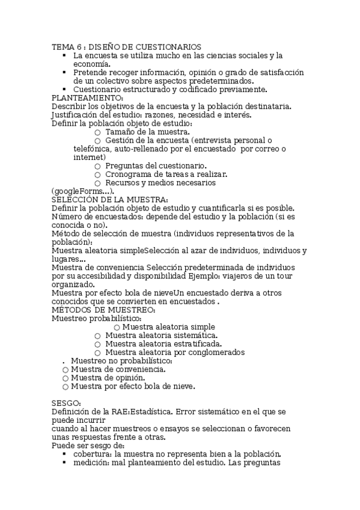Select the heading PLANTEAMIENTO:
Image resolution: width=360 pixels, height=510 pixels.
coord(87,98)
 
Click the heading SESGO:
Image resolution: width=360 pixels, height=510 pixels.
coord(66,403)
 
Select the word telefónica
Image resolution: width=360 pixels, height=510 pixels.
coord(94,149)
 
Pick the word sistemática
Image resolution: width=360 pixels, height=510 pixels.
coord(189,335)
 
